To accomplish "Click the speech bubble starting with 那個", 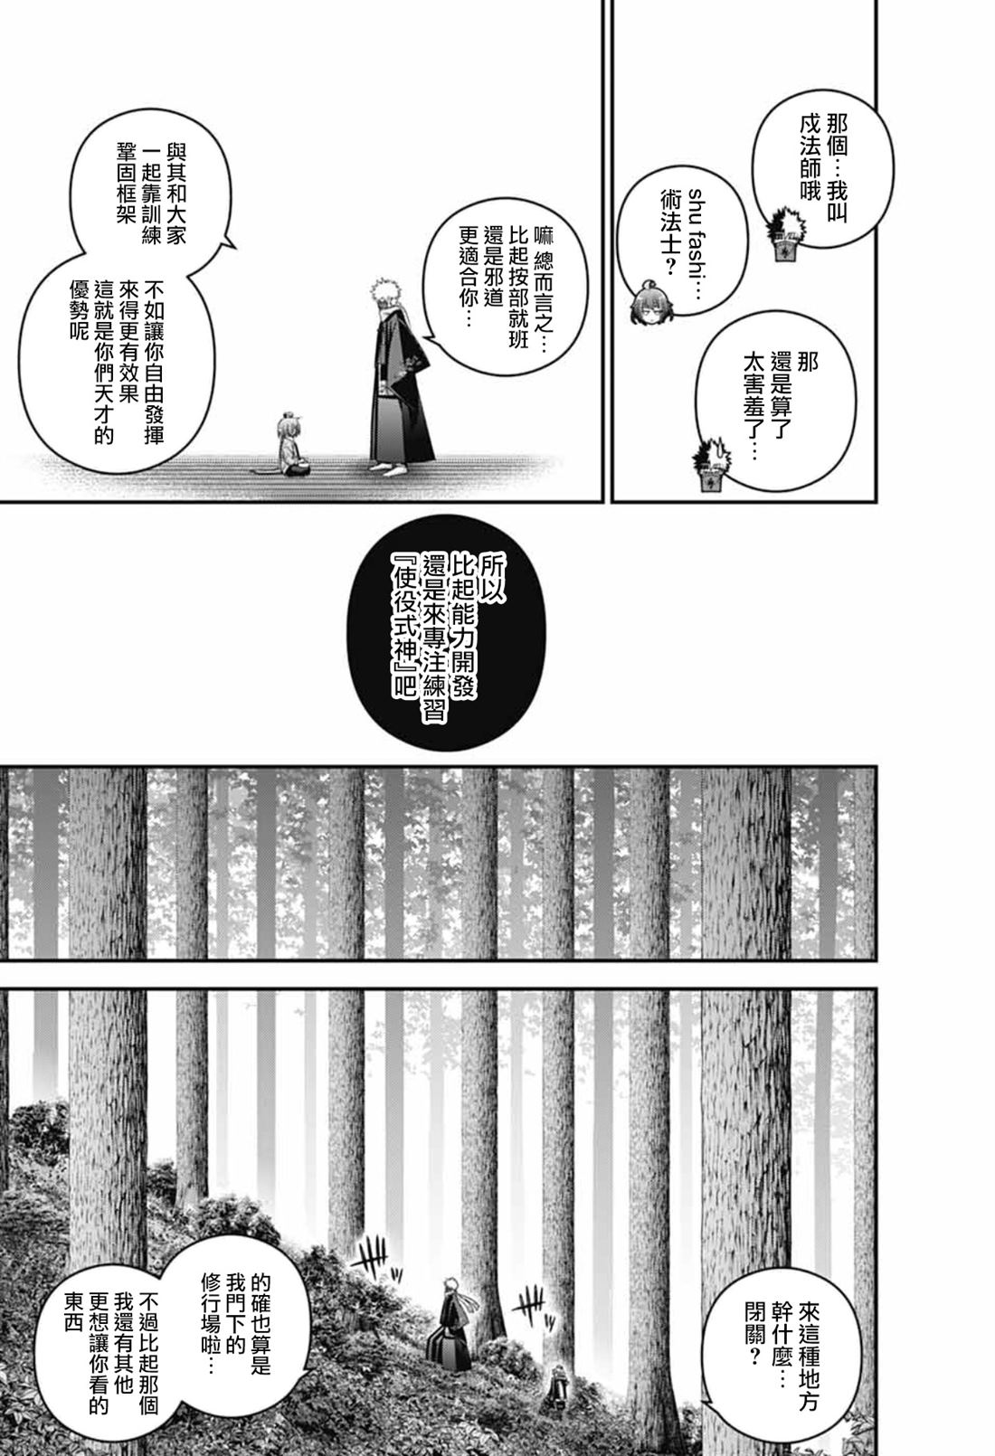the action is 822,169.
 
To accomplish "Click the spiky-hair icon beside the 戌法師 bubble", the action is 784,234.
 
